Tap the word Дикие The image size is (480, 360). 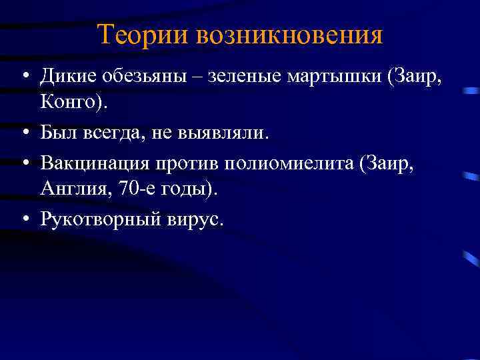[65, 78]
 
